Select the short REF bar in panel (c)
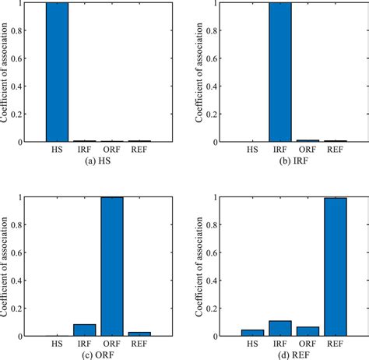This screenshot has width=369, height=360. click(139, 334)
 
